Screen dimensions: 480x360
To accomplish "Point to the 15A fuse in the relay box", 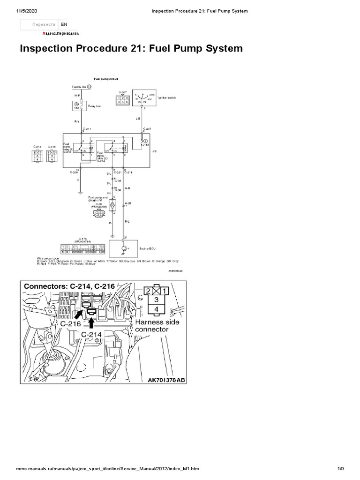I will pyautogui.click(x=76, y=106).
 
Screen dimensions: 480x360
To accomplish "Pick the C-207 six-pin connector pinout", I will pyautogui.click(x=122, y=99).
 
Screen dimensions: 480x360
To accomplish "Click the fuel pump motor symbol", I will pyautogui.click(x=112, y=205).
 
